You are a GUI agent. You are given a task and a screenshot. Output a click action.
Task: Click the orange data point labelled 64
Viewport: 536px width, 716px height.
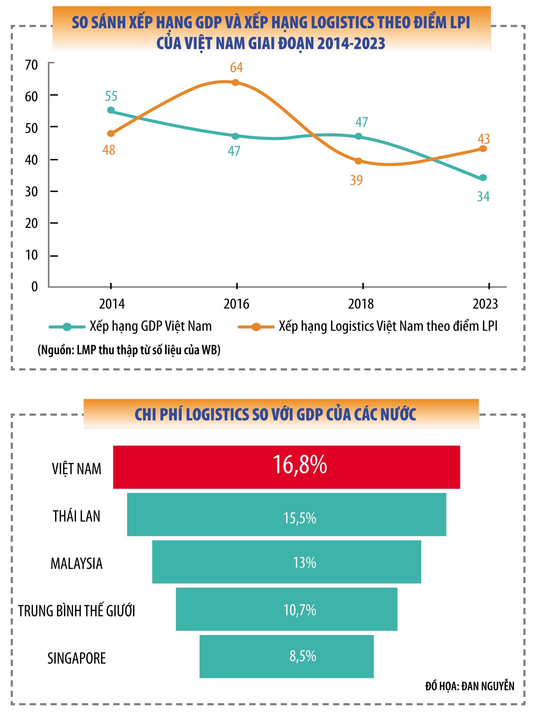point(235,82)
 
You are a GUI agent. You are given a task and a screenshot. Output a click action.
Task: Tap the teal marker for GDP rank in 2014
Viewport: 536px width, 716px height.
point(111,110)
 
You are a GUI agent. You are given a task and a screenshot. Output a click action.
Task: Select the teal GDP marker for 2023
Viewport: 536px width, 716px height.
point(483,178)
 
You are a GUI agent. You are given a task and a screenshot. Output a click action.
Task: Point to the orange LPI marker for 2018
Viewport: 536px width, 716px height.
point(358,161)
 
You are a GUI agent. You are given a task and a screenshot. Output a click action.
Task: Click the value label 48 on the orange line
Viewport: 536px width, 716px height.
point(109,150)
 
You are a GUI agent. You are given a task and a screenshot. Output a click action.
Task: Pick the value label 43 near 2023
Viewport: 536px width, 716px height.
point(484,139)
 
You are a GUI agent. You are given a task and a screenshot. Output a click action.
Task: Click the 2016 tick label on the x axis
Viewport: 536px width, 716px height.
point(236,304)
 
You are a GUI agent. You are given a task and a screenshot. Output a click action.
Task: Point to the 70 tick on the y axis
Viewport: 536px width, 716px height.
point(32,65)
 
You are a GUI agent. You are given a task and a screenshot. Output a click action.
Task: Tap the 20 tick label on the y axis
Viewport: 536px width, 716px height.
point(32,223)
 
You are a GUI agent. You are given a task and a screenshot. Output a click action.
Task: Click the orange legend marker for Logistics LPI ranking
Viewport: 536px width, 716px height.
point(256,327)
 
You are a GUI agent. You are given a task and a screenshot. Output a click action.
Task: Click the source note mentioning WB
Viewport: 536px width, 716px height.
point(129,350)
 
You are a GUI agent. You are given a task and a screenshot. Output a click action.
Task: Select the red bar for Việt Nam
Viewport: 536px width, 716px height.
point(287,467)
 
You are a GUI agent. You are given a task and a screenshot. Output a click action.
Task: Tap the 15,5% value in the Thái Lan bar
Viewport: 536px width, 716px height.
point(300,518)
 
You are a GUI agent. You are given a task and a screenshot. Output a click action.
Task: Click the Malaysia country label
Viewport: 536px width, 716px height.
point(77,564)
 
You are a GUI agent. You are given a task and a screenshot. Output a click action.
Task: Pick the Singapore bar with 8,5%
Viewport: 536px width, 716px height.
point(287,657)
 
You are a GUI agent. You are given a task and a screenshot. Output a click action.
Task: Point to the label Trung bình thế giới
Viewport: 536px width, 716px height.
point(77,611)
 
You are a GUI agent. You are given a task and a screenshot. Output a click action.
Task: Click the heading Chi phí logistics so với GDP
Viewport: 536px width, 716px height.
point(275,414)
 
